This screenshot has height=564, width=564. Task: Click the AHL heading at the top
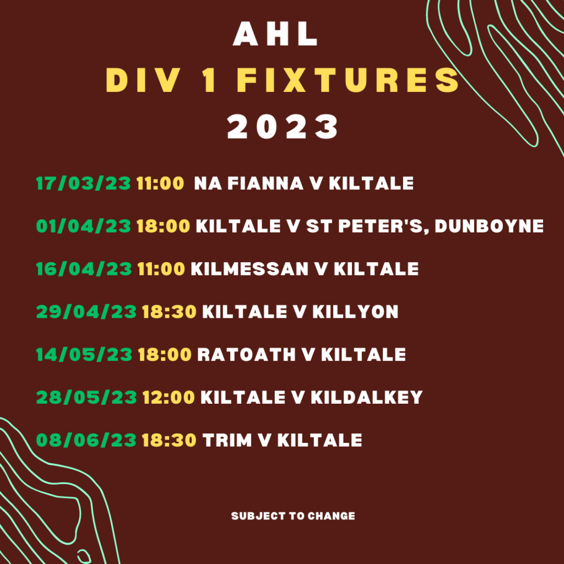tap(275, 35)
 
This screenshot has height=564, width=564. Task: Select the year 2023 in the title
tap(283, 127)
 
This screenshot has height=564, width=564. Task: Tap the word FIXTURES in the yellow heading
tap(348, 81)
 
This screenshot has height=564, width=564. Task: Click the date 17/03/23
tap(84, 183)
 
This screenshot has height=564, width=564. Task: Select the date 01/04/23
tap(84, 226)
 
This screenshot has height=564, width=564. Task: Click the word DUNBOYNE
tap(489, 226)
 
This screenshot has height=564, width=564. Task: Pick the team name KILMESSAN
tap(250, 269)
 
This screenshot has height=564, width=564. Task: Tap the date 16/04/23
tap(84, 269)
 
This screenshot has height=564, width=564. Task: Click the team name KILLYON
tap(355, 312)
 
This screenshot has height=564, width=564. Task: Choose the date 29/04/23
tap(86, 312)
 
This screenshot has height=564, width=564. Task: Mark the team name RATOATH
tap(246, 354)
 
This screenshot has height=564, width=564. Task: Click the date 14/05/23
tap(84, 354)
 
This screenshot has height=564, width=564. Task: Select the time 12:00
tap(169, 397)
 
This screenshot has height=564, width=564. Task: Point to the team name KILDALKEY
tap(366, 397)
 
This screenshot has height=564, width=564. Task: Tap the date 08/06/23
tap(86, 440)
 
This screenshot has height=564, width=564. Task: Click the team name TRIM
tap(227, 440)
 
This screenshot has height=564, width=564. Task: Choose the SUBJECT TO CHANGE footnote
tap(293, 516)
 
